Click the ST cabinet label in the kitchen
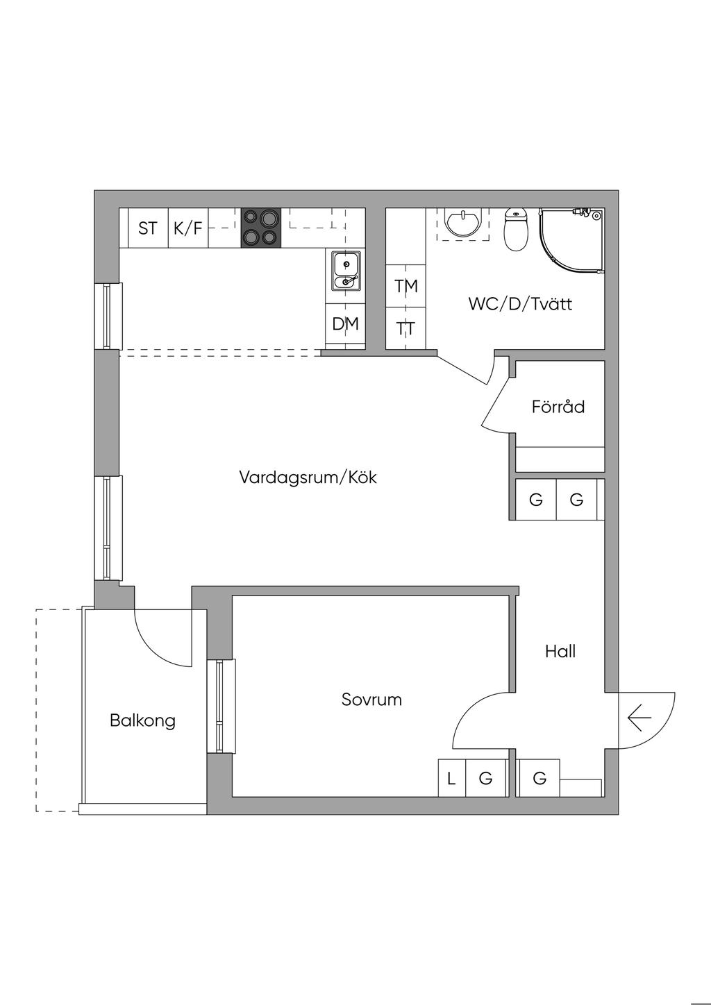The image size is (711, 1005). point(147,228)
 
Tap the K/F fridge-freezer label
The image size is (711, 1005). point(188,228)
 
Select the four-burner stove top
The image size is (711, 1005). point(261,228)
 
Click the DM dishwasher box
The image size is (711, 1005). point(345,323)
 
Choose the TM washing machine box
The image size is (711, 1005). point(406,285)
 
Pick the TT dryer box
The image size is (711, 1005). point(406,328)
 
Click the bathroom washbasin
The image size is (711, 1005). point(463,223)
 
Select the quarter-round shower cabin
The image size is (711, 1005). point(574,239)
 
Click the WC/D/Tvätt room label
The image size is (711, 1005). point(520,304)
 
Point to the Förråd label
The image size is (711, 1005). point(558,407)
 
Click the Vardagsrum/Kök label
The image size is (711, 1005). point(308,478)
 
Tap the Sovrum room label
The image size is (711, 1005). point(371,700)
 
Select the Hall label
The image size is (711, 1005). point(560,652)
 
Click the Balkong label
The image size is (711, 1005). point(142,720)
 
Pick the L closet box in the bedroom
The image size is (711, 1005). point(451,779)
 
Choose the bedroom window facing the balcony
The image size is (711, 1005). point(221,706)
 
